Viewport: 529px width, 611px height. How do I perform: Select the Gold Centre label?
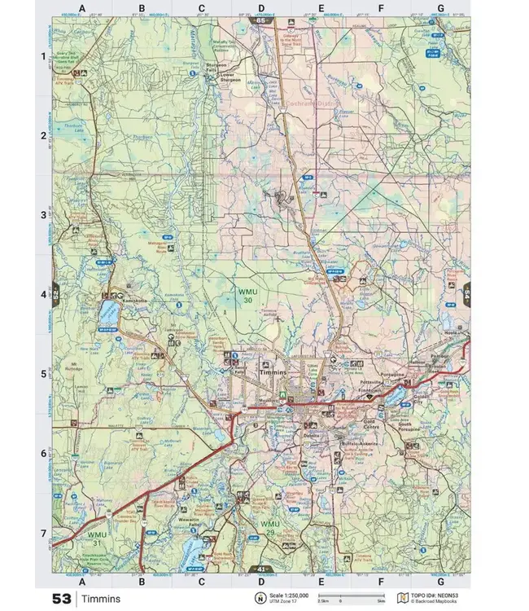373,424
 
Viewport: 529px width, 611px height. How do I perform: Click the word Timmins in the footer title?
101,599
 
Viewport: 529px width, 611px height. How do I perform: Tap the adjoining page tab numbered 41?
262,568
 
